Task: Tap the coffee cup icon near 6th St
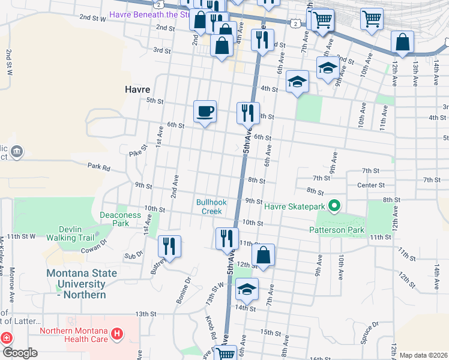[x=205, y=112]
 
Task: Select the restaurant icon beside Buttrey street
[x=169, y=247]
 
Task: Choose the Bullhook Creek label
[x=211, y=206]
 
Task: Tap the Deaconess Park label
[x=112, y=219]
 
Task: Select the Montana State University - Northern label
[x=82, y=284]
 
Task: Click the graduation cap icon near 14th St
[x=246, y=289]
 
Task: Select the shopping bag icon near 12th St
[x=263, y=255]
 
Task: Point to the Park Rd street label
[x=98, y=167]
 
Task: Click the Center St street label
[x=370, y=185]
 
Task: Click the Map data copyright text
[x=423, y=355]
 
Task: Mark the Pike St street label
[x=138, y=151]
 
